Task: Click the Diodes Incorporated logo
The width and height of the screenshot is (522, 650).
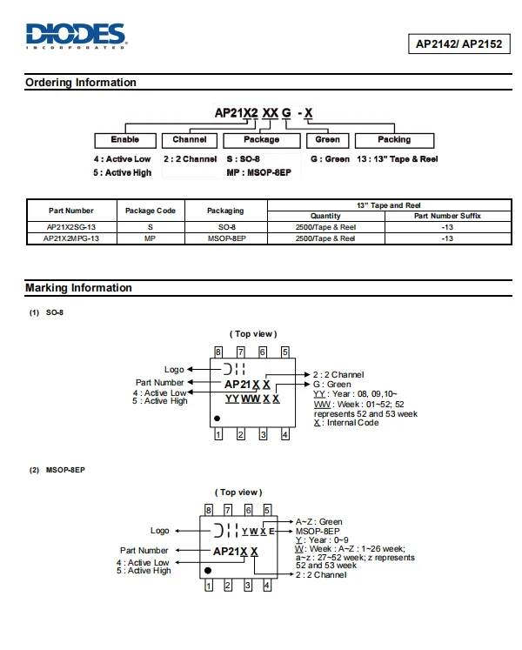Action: (77, 36)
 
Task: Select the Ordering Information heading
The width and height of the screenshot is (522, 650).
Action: (81, 83)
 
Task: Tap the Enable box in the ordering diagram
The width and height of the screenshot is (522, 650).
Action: (124, 140)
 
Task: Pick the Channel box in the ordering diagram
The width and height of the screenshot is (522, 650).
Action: (190, 140)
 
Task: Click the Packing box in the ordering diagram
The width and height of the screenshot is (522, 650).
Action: (394, 140)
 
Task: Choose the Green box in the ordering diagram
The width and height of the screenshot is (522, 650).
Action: (327, 140)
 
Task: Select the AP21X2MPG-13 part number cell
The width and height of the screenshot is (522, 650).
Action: (71, 238)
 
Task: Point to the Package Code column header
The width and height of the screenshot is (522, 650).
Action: (151, 211)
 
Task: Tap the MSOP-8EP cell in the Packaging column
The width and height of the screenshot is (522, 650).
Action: (225, 238)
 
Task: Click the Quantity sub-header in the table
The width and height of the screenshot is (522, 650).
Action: (325, 216)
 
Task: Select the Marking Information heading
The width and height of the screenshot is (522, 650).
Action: (78, 288)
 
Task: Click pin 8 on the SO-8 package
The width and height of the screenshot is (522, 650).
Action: (218, 352)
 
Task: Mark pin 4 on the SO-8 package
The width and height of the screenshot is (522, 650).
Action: (284, 434)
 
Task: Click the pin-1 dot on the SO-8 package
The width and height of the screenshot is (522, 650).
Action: (217, 419)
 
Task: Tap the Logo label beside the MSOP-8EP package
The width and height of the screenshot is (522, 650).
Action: (160, 531)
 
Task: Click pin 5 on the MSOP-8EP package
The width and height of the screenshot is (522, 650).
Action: (267, 510)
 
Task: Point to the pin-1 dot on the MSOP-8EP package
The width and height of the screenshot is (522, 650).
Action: (208, 570)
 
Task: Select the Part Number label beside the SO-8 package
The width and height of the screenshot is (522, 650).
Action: (160, 382)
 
